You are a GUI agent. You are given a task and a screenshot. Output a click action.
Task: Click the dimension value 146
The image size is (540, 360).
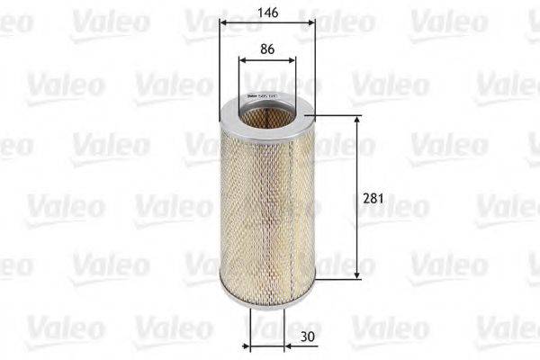tap(265, 13)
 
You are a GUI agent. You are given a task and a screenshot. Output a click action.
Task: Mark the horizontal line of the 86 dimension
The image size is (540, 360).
tap(266, 62)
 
